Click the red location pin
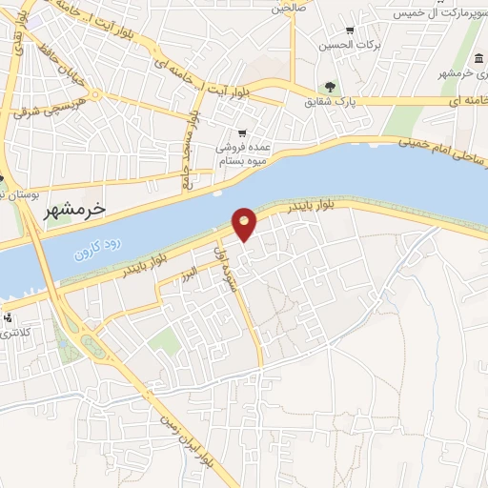click(245, 224)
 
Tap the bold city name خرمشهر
click(73, 208)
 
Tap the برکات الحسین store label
click(361, 45)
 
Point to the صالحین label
click(292, 9)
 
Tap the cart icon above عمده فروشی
click(242, 132)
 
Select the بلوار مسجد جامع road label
click(193, 150)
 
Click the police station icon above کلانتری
click(9, 318)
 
